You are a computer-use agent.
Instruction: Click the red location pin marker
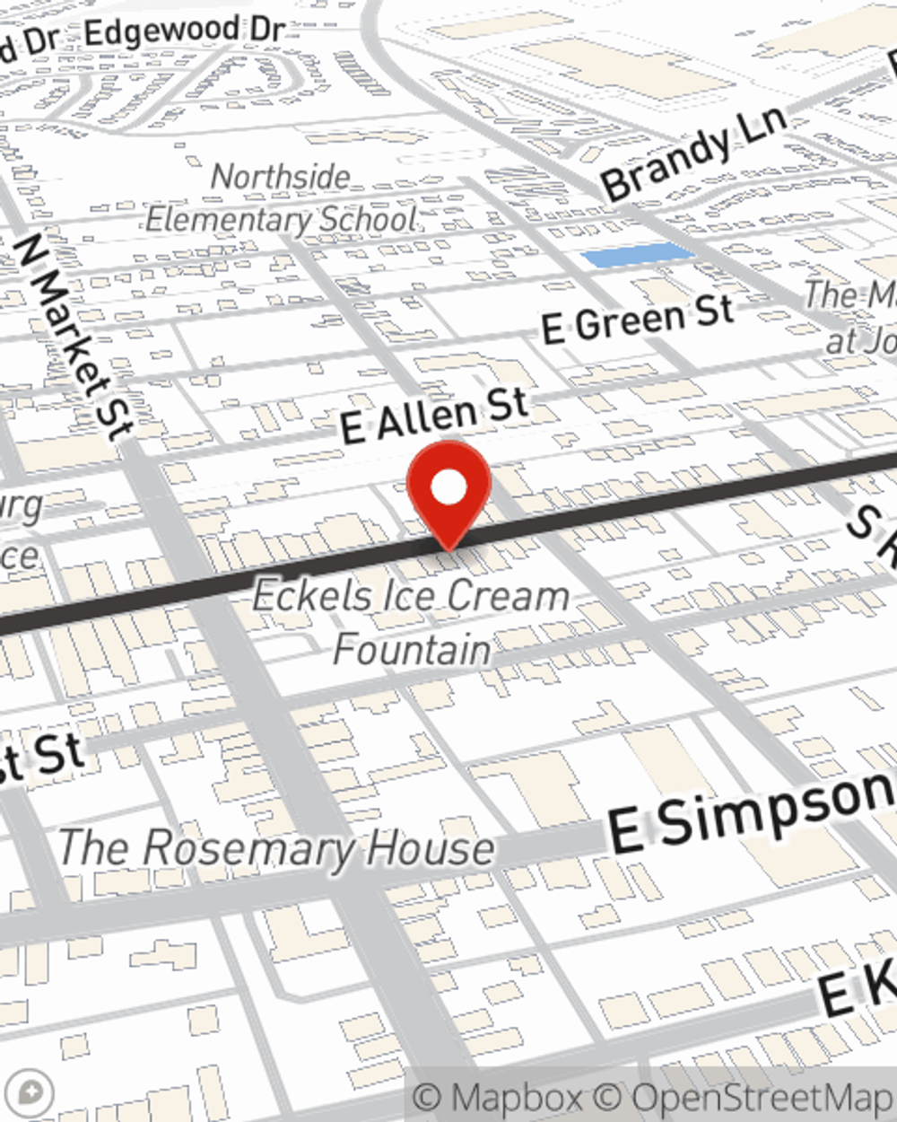coord(448,495)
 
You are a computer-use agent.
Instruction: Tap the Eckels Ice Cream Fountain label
coord(411,621)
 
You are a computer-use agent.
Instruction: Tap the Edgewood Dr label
coord(185,32)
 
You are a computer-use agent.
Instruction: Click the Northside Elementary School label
coord(281,198)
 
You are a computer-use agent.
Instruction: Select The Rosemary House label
coord(276,848)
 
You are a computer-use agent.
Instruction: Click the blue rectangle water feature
coord(638,255)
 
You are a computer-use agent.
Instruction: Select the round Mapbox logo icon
coord(30,1092)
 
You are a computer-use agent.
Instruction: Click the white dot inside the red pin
coord(448,487)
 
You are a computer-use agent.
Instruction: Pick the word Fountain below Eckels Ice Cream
coord(413,648)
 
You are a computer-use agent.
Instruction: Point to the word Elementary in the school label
coord(228,219)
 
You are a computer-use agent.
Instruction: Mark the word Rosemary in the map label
coord(248,848)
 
